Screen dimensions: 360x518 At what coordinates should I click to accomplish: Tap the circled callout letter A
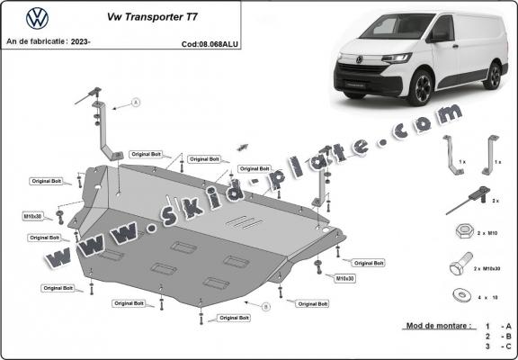[x=137, y=103]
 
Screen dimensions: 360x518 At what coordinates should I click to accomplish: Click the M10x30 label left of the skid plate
[x=34, y=216]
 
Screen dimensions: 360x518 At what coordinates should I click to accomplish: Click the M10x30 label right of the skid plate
[x=346, y=278]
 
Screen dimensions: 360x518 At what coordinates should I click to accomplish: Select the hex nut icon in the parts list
[x=460, y=231]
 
